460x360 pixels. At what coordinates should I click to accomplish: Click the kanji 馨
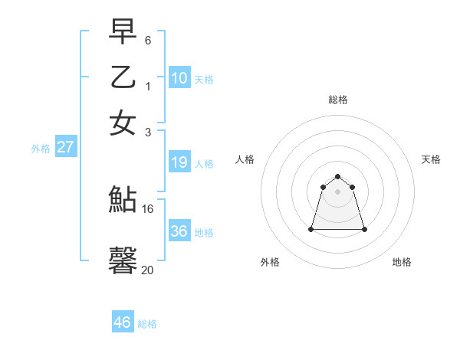coord(123,260)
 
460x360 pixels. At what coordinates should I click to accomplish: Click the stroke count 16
coord(148,208)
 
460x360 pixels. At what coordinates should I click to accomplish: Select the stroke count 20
coord(148,270)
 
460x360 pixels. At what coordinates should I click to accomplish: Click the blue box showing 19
coord(179,162)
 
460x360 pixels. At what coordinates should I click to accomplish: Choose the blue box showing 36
coord(179,231)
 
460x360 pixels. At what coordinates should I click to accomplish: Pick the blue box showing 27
coord(65,147)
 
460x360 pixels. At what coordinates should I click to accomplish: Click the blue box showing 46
coord(123,322)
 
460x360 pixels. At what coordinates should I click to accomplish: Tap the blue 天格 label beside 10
coord(204,79)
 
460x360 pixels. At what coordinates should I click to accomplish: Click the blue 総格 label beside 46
coord(147,324)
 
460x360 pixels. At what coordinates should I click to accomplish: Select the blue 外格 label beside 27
coord(40,149)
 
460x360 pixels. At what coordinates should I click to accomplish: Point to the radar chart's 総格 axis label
coord(337,100)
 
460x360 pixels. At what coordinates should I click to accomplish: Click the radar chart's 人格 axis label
coord(245,159)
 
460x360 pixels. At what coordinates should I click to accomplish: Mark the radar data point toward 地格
coord(364,229)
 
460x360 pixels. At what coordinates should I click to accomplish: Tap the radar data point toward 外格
coord(311,229)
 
